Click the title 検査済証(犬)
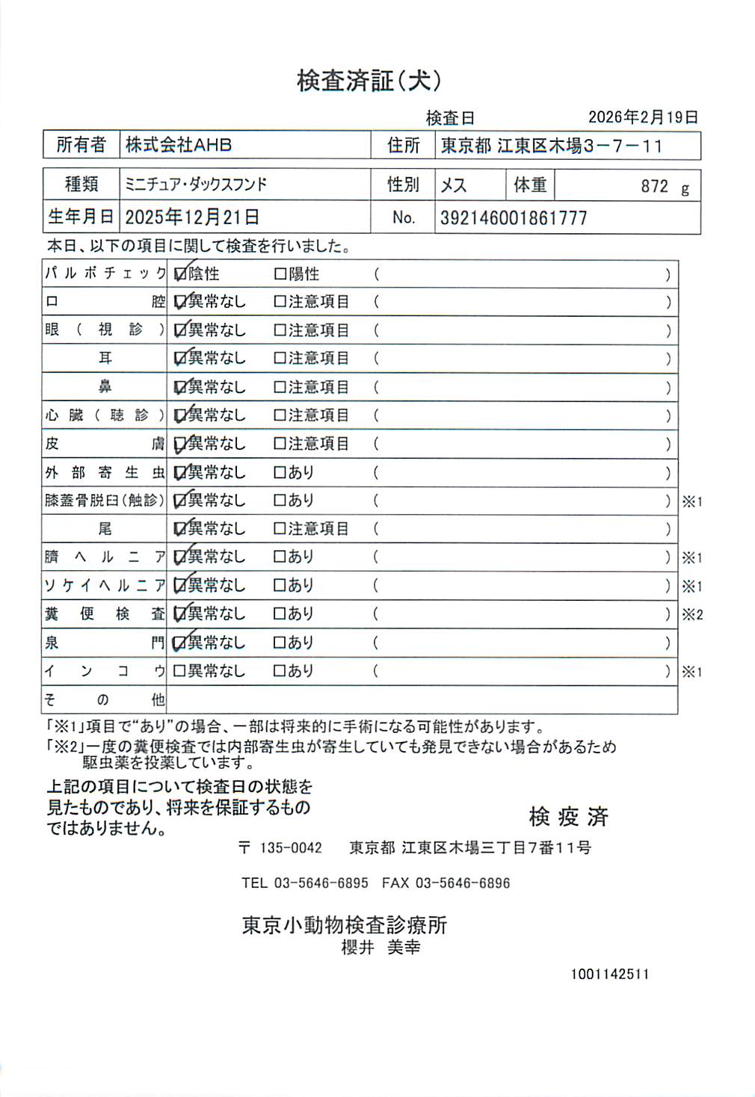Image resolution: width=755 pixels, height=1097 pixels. point(369,81)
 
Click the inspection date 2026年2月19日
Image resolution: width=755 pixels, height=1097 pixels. point(643,117)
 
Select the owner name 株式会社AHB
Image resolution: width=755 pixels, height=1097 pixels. point(179,145)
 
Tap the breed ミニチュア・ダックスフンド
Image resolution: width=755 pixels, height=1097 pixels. point(196,185)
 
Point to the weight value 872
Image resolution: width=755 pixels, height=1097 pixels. point(654,186)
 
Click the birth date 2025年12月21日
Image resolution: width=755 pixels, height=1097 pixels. point(192,217)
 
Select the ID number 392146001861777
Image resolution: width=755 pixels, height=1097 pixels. point(514,218)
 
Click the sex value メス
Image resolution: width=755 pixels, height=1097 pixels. point(454,185)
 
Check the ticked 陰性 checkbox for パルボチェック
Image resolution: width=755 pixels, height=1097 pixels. point(179,274)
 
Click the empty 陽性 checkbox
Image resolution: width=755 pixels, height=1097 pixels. point(280,274)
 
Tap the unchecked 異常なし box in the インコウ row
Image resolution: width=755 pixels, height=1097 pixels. point(179,671)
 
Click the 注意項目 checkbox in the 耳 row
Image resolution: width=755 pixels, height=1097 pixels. point(280,359)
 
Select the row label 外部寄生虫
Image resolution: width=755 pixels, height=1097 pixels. point(105,472)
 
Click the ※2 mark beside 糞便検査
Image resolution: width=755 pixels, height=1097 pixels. point(692,615)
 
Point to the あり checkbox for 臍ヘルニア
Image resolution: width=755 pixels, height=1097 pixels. point(280,557)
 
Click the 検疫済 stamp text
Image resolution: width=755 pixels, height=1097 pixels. point(568,817)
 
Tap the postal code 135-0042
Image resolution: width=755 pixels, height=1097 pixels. point(291,848)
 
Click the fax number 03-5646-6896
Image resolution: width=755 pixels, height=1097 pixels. point(463,883)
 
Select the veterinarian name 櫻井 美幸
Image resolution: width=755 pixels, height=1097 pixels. point(380,948)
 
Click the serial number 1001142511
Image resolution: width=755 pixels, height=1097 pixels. point(610,974)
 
